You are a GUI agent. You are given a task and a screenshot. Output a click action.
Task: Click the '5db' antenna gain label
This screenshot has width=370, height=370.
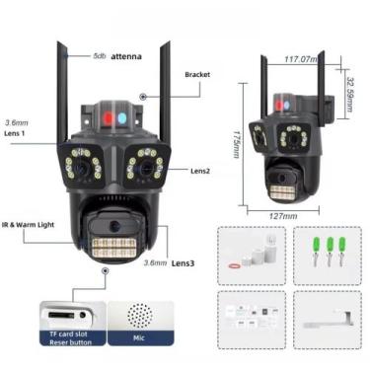pyautogui.click(x=100, y=56)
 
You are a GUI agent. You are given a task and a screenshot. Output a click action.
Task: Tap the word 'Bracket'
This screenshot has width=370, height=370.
pyautogui.click(x=198, y=73)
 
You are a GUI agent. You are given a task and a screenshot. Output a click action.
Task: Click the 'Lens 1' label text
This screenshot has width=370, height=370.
pyautogui.click(x=17, y=132)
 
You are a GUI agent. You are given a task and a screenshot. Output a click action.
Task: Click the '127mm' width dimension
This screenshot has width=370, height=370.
pyautogui.click(x=283, y=216)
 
